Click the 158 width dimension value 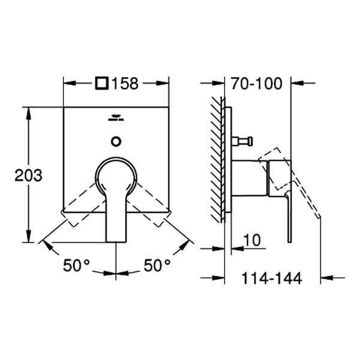click(125, 83)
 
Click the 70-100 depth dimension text click(257, 83)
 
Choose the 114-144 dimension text click(272, 278)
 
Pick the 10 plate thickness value click(252, 241)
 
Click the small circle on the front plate click(116, 142)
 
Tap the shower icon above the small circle click(116, 119)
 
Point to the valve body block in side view click(247, 179)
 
